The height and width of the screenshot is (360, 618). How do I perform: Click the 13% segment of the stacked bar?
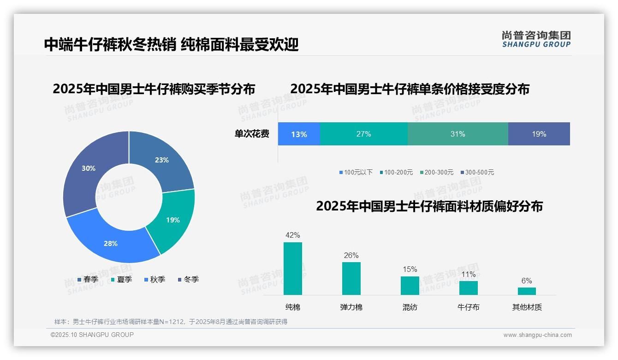(x=299, y=134)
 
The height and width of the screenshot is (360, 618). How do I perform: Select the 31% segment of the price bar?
(x=458, y=134)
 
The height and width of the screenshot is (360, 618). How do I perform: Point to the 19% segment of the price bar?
(x=539, y=134)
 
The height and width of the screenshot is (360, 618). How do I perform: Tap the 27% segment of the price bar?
(x=363, y=134)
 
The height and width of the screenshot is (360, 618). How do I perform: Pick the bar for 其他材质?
(x=527, y=291)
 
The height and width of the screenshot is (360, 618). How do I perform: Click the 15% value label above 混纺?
(x=410, y=270)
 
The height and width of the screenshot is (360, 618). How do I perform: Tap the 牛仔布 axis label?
(x=468, y=307)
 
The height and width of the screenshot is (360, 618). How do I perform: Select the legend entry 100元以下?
(x=356, y=172)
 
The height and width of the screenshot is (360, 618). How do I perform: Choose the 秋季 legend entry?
(x=154, y=279)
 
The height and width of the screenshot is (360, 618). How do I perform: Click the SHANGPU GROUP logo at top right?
(x=536, y=39)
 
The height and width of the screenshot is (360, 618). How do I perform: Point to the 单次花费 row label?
(x=252, y=134)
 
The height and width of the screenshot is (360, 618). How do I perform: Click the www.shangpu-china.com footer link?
(x=537, y=335)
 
